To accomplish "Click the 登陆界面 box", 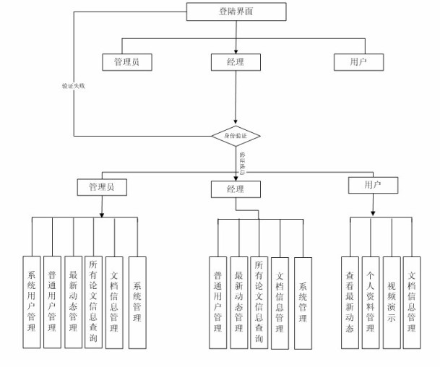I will tap(236, 12).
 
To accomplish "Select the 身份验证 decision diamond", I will tap(236, 135).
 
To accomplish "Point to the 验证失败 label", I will tap(73, 85).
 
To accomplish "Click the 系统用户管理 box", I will tap(31, 303).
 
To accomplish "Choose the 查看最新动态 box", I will tap(350, 302).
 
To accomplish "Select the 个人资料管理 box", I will tap(370, 302).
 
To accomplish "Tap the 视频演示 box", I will tap(391, 302).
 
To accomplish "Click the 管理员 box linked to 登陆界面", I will tap(127, 62).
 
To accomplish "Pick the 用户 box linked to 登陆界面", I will tap(358, 62).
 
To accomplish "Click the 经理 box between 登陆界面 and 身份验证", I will tap(236, 62).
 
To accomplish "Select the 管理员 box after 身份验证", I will tap(102, 187).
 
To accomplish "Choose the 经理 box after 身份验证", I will tap(236, 189).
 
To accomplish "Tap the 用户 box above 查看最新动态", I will tap(373, 186).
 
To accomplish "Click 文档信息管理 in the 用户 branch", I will tap(412, 302).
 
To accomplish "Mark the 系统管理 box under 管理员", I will tap(137, 303).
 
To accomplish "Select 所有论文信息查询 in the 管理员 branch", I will tap(93, 303).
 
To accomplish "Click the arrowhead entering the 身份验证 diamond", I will tap(236, 124).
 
